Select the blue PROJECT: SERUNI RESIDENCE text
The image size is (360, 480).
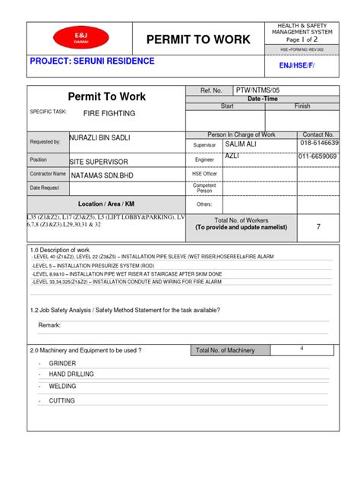coord(91,62)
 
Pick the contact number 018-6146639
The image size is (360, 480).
coord(319,143)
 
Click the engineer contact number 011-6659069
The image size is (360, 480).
coord(318,156)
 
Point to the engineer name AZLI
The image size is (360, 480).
coord(233,155)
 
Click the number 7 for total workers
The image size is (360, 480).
coord(318,227)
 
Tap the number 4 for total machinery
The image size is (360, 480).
coord(302,348)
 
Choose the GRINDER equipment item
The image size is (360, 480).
coord(62,363)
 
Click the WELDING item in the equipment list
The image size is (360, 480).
coord(62,386)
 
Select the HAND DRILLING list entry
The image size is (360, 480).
coord(73,374)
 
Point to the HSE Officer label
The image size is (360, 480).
coord(204,173)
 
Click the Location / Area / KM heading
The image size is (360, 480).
coord(106,204)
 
